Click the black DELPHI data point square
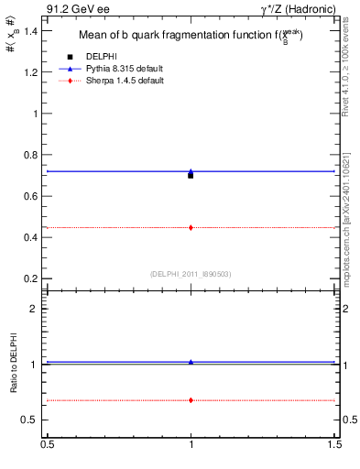pyautogui.click(x=191, y=175)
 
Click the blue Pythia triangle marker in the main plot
pyautogui.click(x=191, y=171)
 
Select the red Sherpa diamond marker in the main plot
pyautogui.click(x=191, y=227)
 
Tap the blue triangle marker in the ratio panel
pyautogui.click(x=191, y=362)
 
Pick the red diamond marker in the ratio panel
pyautogui.click(x=191, y=400)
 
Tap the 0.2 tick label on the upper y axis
pyautogui.click(x=32, y=278)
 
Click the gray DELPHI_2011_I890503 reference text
pyautogui.click(x=191, y=274)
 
